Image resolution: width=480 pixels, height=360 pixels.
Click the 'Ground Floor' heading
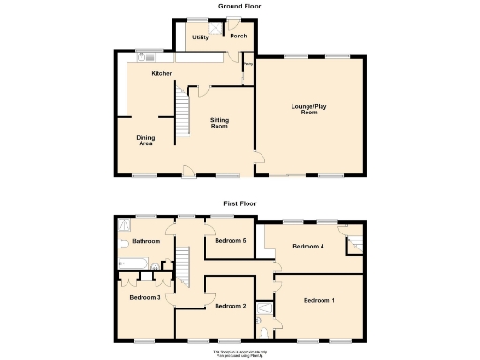pos(239,6)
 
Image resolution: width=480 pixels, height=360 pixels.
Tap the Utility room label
pos(201,37)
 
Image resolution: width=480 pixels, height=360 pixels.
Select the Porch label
pos(238,37)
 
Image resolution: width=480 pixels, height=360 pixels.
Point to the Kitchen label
pos(162,73)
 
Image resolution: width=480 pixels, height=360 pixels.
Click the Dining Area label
pos(146,141)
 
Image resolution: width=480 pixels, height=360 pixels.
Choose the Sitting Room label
pos(219,123)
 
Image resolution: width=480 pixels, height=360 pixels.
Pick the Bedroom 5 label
pos(230,241)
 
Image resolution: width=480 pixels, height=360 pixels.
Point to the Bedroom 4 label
pos(307,247)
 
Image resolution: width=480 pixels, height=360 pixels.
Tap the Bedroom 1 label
pos(319,300)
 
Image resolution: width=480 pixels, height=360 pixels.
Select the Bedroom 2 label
pos(230,306)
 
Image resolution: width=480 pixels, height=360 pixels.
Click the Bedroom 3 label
pos(145,297)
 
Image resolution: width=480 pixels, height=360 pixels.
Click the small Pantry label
pos(248,65)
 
